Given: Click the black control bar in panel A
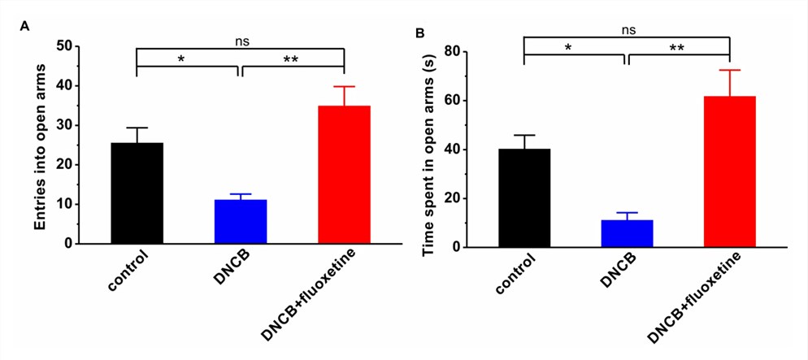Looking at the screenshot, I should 137,193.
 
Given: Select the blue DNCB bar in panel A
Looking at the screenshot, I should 241,222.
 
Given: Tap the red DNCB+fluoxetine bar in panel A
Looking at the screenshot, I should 344,175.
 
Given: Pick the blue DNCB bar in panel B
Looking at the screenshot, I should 627,233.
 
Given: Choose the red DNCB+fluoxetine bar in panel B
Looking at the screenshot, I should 730,171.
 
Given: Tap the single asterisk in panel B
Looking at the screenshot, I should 575,48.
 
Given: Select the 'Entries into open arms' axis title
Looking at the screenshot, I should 41,145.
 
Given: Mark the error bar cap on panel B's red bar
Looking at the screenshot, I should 730,70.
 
